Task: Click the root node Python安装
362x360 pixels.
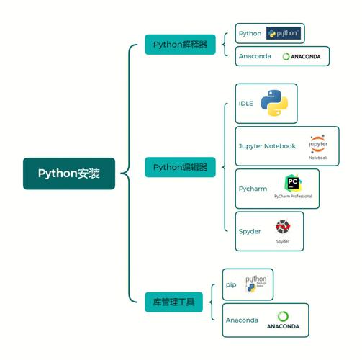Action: (68, 174)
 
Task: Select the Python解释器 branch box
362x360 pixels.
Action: (180, 45)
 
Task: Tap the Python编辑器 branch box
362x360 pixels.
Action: (180, 167)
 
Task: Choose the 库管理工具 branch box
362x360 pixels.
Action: (173, 301)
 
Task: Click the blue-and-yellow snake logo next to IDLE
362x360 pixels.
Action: (274, 103)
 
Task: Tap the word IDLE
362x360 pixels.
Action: (246, 104)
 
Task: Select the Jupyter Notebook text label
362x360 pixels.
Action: (267, 146)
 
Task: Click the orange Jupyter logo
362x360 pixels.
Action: (317, 143)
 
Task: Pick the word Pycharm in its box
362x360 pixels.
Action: (253, 189)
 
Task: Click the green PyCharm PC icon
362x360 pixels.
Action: (292, 183)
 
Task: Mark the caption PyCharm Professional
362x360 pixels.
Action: (293, 196)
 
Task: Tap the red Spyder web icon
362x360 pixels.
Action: (283, 227)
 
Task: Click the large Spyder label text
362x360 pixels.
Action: (250, 231)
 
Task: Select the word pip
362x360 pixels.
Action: (231, 284)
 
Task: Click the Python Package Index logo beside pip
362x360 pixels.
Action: (255, 284)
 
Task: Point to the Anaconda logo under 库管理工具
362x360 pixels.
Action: (283, 320)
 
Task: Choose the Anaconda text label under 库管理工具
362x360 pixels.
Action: (242, 320)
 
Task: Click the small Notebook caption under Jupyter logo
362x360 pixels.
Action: (317, 158)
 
